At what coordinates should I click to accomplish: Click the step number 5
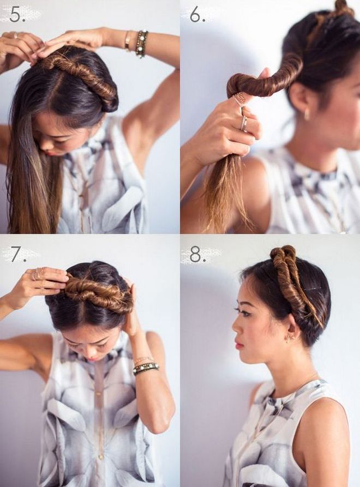[17, 15]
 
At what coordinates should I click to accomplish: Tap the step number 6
[197, 14]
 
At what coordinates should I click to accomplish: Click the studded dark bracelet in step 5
[142, 44]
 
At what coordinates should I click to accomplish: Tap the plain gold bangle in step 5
[128, 41]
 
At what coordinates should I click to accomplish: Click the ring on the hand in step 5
[16, 35]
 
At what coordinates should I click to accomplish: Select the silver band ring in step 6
[244, 124]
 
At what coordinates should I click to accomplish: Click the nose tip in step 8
[234, 329]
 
